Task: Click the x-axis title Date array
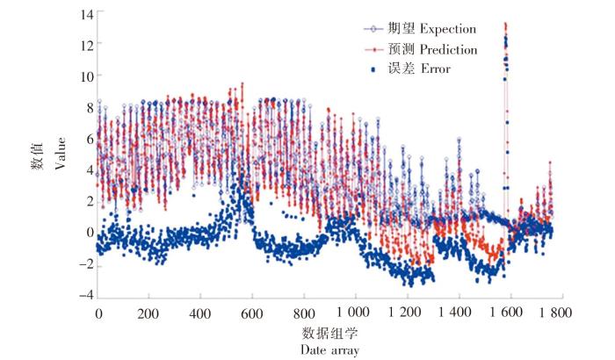click(328, 349)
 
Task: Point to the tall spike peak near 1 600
click(505, 25)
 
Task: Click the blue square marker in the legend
click(374, 68)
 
